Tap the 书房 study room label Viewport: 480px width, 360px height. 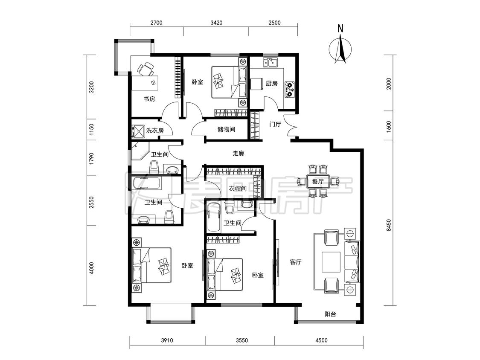pos(150,99)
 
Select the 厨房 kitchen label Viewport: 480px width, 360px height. pos(271,83)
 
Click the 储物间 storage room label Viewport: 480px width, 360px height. pos(226,129)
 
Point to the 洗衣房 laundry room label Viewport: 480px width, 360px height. pos(155,131)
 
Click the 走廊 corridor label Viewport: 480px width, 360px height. pos(238,153)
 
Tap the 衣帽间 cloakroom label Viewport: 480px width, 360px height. pos(238,189)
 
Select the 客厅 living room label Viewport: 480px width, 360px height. pos(296,262)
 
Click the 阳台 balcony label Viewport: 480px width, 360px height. pos(330,314)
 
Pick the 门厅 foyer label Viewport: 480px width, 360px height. pos(275,125)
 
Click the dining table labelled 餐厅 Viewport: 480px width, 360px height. pos(318,181)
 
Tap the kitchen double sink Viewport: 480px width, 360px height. pos(271,62)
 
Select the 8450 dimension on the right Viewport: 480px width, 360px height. pos(388,225)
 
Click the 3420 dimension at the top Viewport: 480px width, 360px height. pos(216,23)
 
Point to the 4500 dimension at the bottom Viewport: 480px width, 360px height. pos(321,340)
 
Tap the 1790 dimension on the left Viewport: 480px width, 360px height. pos(91,159)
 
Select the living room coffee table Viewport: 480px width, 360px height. pos(331,262)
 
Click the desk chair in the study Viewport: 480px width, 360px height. pos(146,69)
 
